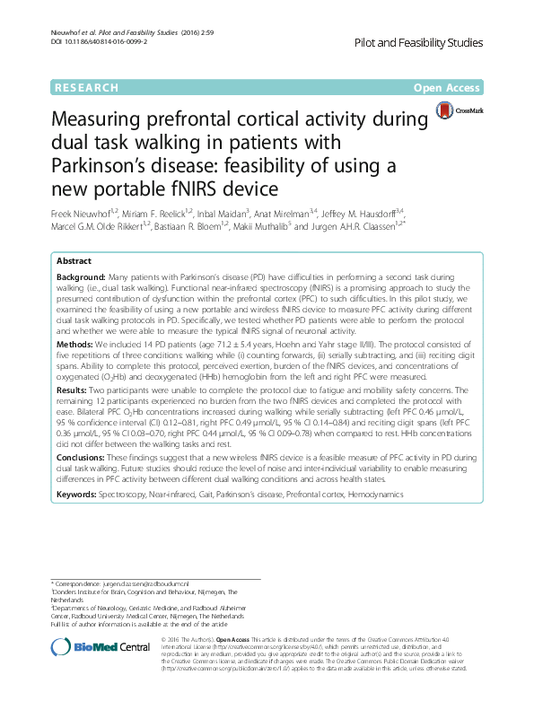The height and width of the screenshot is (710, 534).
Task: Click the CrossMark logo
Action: pyautogui.click(x=459, y=111)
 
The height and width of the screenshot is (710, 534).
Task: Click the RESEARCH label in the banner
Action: pyautogui.click(x=86, y=88)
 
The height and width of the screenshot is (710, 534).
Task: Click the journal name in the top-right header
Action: pyautogui.click(x=432, y=43)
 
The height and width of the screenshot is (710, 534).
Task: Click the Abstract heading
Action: pyautogui.click(x=74, y=260)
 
